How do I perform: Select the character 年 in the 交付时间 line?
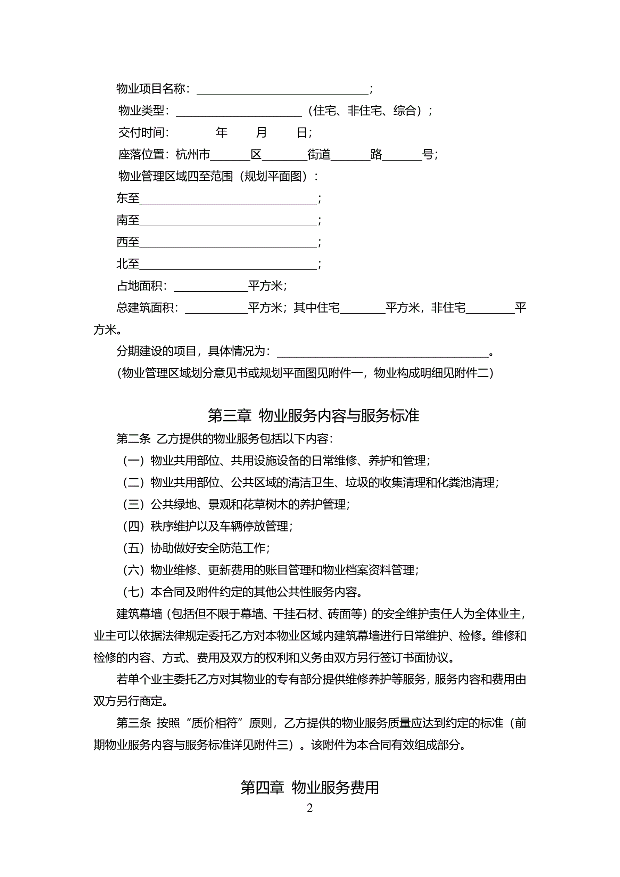(222, 132)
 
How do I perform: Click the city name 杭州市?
(193, 155)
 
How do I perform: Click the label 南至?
(128, 220)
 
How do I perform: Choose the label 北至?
(128, 264)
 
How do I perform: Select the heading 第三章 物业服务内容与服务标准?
(313, 416)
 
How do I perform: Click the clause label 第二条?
(133, 439)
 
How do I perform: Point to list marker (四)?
(133, 526)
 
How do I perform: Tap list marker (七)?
(133, 592)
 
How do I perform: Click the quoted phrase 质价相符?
(214, 723)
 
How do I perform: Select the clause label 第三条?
(133, 723)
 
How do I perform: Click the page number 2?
(309, 808)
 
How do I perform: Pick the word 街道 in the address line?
(319, 155)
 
